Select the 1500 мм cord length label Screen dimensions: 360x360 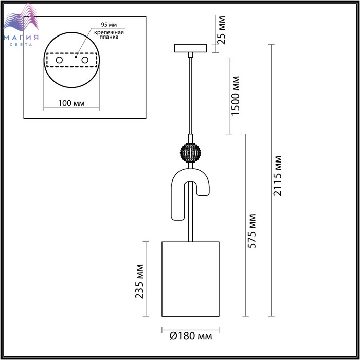(x=236, y=96)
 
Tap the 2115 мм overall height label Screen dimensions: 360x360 (x=277, y=176)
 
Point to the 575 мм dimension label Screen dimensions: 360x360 (x=252, y=231)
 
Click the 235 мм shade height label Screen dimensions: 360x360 (x=139, y=282)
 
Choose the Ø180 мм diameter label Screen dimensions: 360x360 (x=191, y=336)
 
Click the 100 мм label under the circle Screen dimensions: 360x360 (x=71, y=103)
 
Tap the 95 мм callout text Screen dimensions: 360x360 (x=109, y=25)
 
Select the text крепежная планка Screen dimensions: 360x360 (x=109, y=34)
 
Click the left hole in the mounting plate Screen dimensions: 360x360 (x=59, y=60)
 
